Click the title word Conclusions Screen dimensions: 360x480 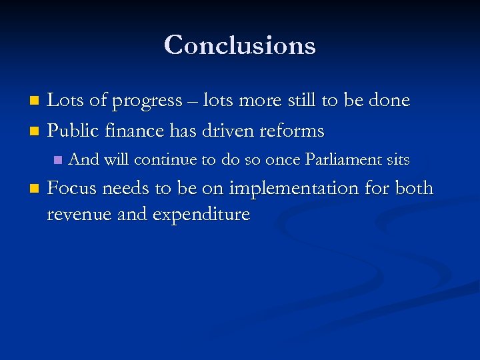click(x=239, y=45)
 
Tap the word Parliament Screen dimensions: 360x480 click(x=342, y=160)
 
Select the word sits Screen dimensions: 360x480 click(x=397, y=160)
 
